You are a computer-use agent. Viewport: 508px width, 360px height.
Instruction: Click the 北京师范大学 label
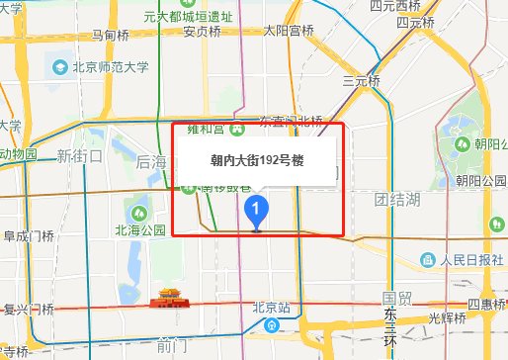[109, 69]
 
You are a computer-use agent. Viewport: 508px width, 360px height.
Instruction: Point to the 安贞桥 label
[202, 31]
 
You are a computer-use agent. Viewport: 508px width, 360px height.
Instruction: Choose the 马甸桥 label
[110, 35]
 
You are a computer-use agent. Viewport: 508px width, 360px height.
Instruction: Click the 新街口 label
[80, 155]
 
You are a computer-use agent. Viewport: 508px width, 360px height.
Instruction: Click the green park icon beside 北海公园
[139, 212]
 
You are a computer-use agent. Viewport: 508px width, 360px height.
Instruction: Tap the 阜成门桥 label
[28, 236]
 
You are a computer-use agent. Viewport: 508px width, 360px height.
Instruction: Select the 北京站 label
[269, 306]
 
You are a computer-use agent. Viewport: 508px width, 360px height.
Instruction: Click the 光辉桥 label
[447, 317]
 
